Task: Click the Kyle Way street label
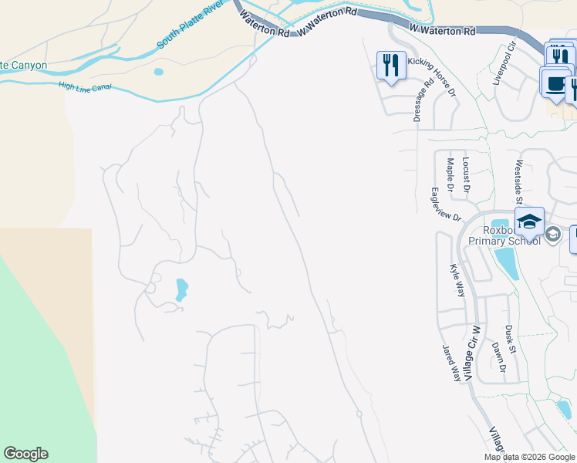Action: pos(457,280)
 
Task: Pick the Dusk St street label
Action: pos(510,340)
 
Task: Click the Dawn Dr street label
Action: pos(498,358)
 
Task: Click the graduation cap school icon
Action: pos(530,222)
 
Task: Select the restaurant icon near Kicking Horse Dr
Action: pos(391,66)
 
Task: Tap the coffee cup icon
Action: pos(553,83)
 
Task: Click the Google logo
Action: pos(25,454)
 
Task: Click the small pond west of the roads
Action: pos(181,289)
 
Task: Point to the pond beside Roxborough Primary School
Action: pos(508,264)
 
